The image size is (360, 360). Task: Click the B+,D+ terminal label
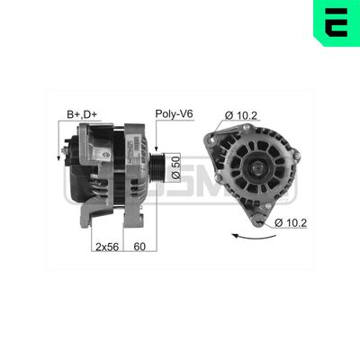pyautogui.click(x=82, y=115)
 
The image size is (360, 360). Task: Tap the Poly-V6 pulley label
pyautogui.click(x=174, y=115)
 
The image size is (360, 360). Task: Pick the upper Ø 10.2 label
pyautogui.click(x=241, y=114)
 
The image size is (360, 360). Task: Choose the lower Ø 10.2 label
pyautogui.click(x=292, y=222)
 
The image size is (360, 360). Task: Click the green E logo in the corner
pyautogui.click(x=336, y=22)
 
